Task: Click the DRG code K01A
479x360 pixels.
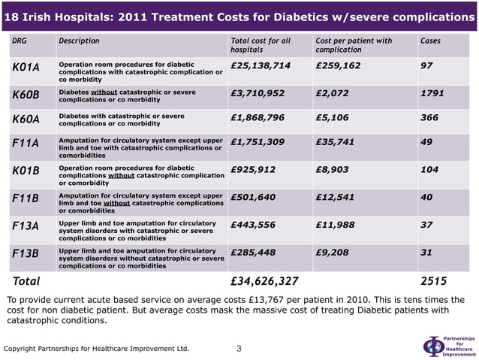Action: (26, 67)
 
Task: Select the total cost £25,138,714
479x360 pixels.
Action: (261, 66)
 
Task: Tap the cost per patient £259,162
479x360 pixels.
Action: (338, 66)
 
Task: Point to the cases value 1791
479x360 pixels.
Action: (432, 93)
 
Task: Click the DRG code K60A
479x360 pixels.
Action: (26, 119)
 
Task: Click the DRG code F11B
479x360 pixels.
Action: (26, 198)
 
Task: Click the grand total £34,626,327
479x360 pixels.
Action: (265, 282)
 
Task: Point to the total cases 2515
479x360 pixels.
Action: (434, 282)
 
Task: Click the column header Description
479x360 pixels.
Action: (79, 41)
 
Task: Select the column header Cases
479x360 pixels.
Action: (430, 41)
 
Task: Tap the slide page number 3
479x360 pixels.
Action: (239, 348)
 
